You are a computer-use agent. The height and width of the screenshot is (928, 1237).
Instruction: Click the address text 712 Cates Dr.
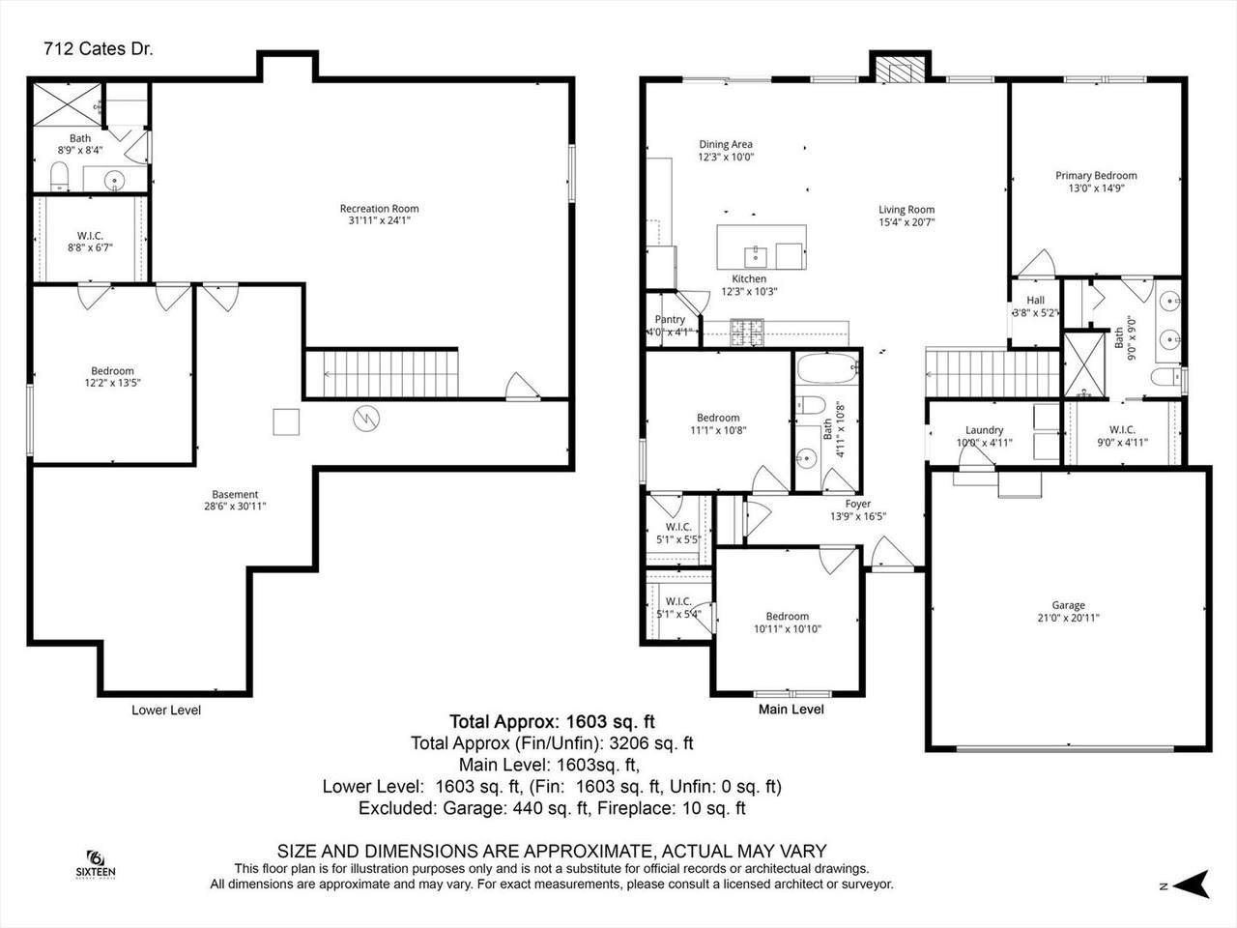tap(98, 49)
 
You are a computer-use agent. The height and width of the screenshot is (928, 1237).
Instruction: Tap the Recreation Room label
tap(379, 209)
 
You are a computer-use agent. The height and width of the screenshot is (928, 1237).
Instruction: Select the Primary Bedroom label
tap(1096, 176)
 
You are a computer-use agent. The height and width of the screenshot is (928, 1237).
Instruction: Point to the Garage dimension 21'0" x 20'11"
tap(1069, 618)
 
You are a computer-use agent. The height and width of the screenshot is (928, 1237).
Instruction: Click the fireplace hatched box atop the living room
tap(900, 70)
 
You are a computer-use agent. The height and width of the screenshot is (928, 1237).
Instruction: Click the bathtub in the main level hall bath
tap(827, 368)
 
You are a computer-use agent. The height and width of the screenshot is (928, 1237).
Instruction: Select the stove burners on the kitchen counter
tap(747, 332)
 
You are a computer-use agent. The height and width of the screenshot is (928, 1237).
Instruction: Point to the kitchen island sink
tap(756, 257)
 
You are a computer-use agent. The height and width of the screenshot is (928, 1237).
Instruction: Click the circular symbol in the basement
tap(366, 419)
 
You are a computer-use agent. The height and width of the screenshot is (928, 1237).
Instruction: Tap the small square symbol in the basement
tap(286, 422)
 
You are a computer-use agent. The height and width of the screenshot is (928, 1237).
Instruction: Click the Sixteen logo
tap(96, 864)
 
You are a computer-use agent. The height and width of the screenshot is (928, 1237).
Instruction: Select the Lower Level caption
tap(166, 710)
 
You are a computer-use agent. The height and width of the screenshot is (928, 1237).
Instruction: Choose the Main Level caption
tap(791, 710)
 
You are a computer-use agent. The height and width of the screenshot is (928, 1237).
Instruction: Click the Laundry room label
tap(985, 430)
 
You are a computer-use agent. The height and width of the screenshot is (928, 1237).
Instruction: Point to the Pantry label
tap(670, 319)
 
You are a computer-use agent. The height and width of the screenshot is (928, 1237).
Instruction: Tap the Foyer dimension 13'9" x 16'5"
tap(858, 516)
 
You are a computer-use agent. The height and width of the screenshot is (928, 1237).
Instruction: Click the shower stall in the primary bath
tap(1083, 365)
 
